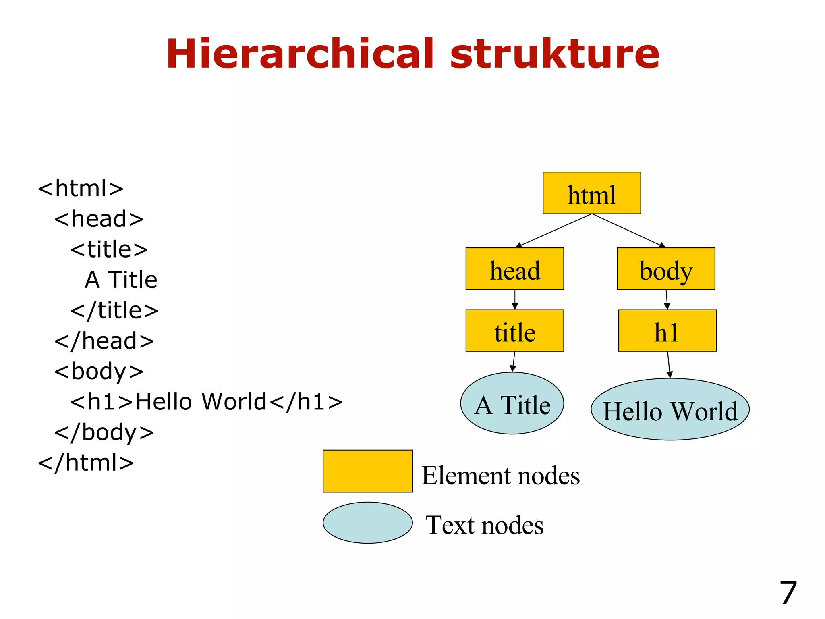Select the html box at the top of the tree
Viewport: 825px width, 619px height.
point(591,193)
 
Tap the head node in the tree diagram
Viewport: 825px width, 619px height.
point(514,269)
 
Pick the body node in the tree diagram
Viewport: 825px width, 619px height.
point(665,269)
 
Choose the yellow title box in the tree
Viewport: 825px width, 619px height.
point(514,331)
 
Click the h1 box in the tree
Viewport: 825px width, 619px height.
point(667,331)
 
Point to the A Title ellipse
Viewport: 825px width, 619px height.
point(512,403)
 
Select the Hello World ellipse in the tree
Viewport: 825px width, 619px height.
point(670,409)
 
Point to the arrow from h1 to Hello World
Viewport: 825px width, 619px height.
point(669,365)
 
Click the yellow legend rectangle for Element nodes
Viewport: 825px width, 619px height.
point(367,471)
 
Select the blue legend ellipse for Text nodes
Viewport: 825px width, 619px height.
point(367,523)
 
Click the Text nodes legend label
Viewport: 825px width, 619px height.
point(485,525)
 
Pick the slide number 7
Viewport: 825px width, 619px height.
point(788,593)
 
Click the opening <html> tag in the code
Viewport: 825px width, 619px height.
point(81,188)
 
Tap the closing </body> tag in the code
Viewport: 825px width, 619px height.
point(104,432)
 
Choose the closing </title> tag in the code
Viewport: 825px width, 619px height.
point(114,310)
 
